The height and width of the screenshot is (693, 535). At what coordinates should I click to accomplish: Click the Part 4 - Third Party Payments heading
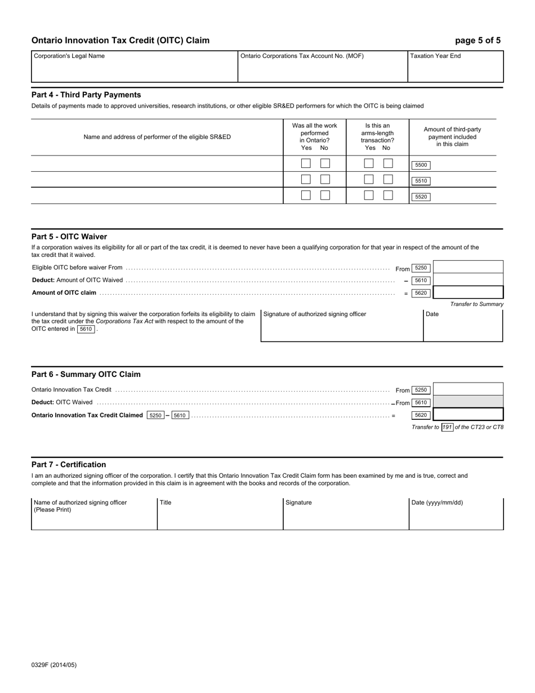pyautogui.click(x=86, y=95)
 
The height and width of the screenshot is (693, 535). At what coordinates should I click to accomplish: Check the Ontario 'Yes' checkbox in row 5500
pyautogui.click(x=306, y=163)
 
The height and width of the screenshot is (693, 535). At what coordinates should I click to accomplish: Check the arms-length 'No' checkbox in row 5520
pyautogui.click(x=388, y=196)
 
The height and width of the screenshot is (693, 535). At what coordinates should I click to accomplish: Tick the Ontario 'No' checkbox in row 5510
pyautogui.click(x=325, y=179)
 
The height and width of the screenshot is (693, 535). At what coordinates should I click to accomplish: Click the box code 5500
pyautogui.click(x=421, y=165)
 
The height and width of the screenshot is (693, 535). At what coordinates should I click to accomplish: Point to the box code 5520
pyautogui.click(x=421, y=197)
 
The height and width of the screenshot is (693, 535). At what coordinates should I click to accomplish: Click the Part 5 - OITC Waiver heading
pyautogui.click(x=69, y=237)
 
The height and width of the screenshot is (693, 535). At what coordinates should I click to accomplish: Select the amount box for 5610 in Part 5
pyautogui.click(x=467, y=280)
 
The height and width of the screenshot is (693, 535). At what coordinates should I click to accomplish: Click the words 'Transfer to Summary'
pyautogui.click(x=476, y=304)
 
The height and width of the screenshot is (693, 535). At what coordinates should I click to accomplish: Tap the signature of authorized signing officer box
pyautogui.click(x=342, y=327)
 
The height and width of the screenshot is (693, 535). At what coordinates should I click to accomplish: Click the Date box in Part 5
pyautogui.click(x=462, y=327)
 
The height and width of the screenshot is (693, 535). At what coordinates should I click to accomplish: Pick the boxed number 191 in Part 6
pyautogui.click(x=447, y=427)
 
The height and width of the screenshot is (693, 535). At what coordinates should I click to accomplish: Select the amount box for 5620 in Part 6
pyautogui.click(x=467, y=415)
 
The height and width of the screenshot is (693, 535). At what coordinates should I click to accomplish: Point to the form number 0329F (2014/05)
pyautogui.click(x=54, y=665)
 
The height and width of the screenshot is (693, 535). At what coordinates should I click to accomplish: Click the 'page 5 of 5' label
pyautogui.click(x=478, y=41)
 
